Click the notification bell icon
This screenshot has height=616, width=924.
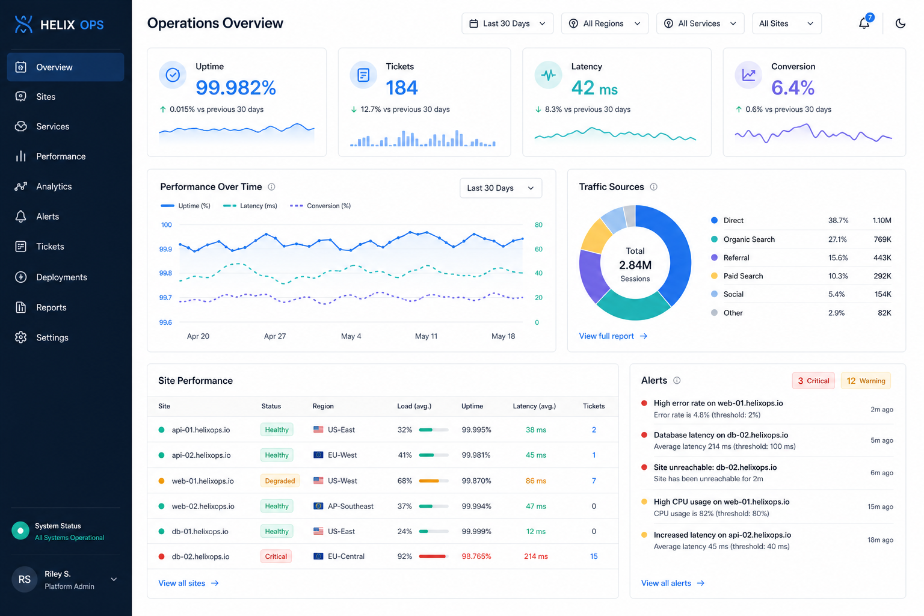(864, 23)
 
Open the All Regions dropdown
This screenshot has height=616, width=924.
(605, 23)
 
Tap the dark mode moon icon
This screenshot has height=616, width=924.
(900, 23)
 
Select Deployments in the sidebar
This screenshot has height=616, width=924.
(61, 277)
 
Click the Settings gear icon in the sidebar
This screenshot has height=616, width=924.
(20, 337)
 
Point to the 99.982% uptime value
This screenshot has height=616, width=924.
(236, 87)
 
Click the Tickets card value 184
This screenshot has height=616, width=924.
(402, 87)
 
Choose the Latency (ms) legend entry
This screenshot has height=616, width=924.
(250, 206)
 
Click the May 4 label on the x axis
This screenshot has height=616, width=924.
(351, 336)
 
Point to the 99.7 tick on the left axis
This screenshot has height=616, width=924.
(165, 298)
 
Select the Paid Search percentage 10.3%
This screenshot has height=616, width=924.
(838, 276)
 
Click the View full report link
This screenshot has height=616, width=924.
(613, 336)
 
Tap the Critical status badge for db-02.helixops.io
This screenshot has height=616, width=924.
(276, 556)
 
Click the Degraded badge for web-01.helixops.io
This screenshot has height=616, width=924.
(280, 481)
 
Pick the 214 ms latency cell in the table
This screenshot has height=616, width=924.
(536, 556)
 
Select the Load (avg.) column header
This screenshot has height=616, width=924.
(414, 406)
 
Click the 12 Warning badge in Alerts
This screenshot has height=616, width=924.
(866, 381)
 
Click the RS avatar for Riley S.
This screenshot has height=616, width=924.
(24, 580)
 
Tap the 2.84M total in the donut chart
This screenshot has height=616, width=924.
(635, 265)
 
